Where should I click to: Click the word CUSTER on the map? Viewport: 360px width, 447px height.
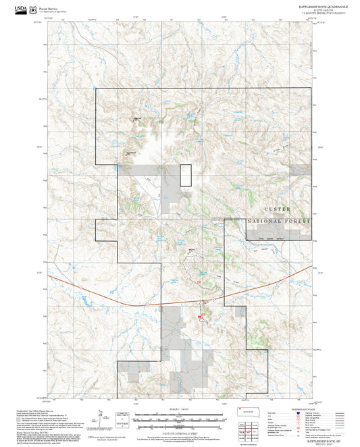(278, 209)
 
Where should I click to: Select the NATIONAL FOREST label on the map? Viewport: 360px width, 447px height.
(279, 221)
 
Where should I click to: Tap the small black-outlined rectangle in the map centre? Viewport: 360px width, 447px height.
(185, 175)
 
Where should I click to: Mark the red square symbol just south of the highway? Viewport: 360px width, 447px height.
(199, 315)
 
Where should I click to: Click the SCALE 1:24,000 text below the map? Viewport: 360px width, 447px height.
(179, 409)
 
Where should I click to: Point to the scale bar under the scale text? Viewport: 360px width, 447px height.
(179, 416)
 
